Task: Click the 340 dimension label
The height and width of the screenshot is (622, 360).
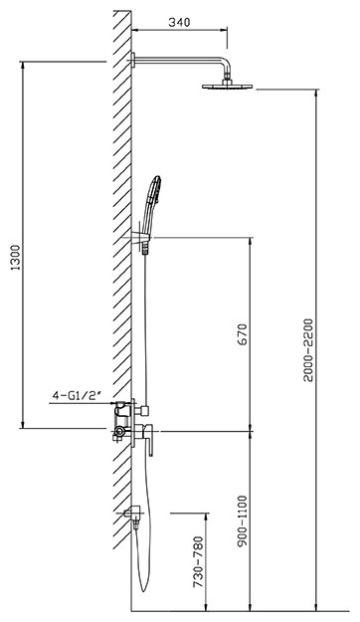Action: pyautogui.click(x=179, y=22)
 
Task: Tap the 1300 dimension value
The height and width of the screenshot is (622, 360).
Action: pyautogui.click(x=16, y=258)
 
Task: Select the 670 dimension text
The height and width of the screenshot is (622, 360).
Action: pyautogui.click(x=243, y=334)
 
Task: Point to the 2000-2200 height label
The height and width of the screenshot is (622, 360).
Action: pyautogui.click(x=309, y=349)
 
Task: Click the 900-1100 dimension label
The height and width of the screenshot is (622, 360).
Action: pyautogui.click(x=243, y=520)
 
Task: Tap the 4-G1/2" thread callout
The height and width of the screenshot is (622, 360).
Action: pyautogui.click(x=78, y=395)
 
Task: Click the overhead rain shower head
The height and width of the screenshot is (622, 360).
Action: pyautogui.click(x=227, y=86)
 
